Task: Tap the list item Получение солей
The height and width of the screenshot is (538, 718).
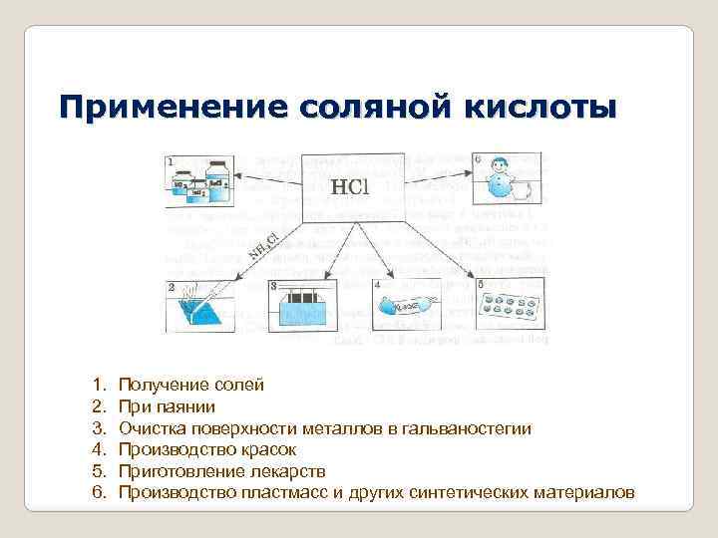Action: pyautogui.click(x=191, y=384)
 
